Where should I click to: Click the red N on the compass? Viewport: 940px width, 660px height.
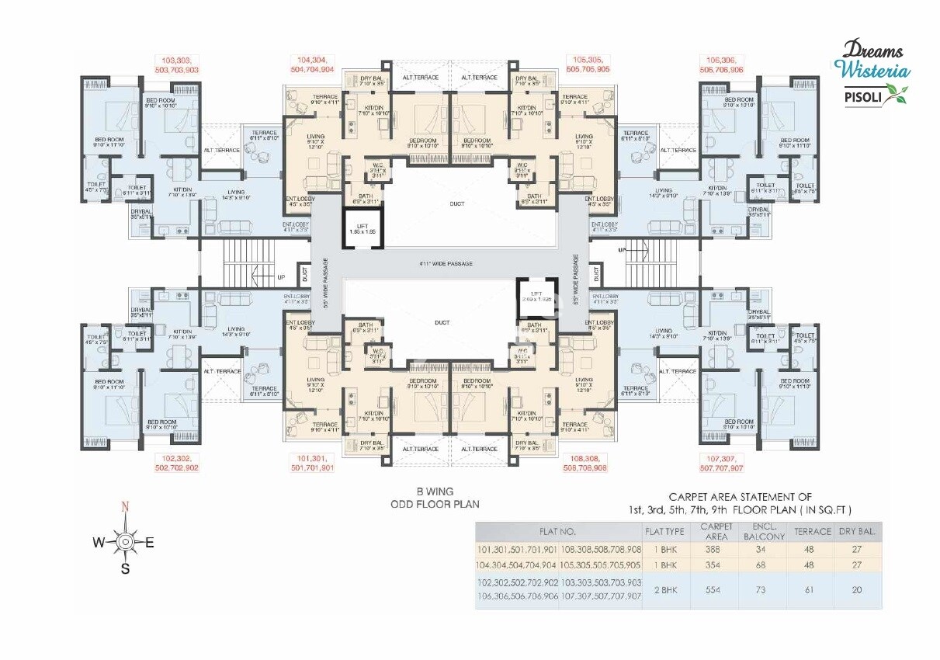click(124, 508)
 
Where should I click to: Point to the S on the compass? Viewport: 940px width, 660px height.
click(124, 568)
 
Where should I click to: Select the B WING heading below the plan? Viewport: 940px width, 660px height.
click(434, 492)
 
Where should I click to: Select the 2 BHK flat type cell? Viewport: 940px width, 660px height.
click(664, 589)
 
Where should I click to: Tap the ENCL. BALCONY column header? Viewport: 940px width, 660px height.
click(765, 532)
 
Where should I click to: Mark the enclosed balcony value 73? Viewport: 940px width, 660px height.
click(765, 589)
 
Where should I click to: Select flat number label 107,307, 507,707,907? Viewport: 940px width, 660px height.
click(720, 464)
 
